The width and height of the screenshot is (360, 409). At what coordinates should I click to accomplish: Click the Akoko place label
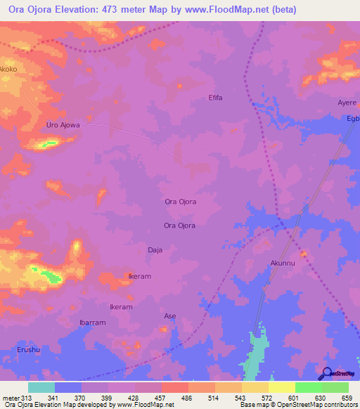[x=8, y=70]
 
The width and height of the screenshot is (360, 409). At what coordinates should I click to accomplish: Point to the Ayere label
[x=347, y=103]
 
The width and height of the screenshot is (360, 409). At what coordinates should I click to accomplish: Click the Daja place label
[x=155, y=249]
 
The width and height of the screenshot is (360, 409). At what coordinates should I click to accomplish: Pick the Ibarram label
[x=92, y=323]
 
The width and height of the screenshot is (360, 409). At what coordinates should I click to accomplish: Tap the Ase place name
[x=169, y=316]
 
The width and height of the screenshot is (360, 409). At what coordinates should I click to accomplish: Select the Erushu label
[x=29, y=349]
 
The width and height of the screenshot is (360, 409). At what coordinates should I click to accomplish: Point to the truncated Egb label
[x=353, y=119]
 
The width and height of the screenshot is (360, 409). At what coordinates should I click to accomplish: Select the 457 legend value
[x=160, y=399]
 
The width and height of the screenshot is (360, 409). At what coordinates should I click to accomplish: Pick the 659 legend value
[x=346, y=399]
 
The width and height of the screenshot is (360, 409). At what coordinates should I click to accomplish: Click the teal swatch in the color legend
[x=41, y=388]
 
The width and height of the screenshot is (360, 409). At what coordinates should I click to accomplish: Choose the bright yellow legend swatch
[x=281, y=388]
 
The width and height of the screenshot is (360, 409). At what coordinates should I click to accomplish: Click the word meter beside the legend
[x=9, y=399]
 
